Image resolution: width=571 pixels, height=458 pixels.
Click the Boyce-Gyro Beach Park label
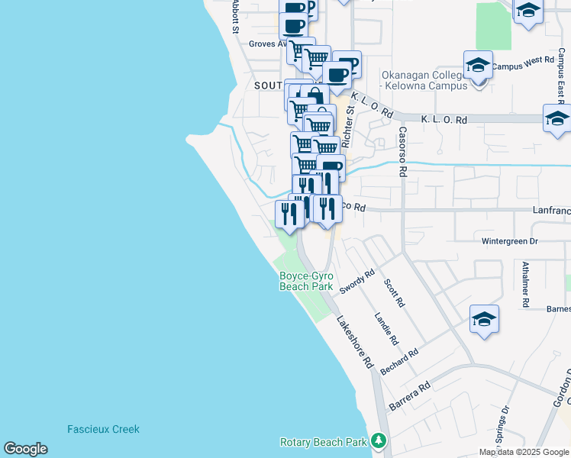[x=305, y=281]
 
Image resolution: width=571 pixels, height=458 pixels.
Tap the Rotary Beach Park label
[x=324, y=442]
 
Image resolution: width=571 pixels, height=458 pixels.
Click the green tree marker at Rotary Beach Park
[x=378, y=441]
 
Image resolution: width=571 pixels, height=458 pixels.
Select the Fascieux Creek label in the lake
[x=103, y=429]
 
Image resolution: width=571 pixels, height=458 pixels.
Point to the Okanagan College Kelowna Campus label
[x=424, y=81]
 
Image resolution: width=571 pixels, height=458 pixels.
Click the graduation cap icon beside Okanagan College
[x=478, y=66]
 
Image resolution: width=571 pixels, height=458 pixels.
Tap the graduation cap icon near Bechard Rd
[x=484, y=320]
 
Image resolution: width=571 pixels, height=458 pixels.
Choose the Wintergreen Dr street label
[x=510, y=241]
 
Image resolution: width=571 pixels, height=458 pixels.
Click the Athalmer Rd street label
[x=526, y=282]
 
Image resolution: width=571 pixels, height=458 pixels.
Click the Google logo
[x=25, y=449]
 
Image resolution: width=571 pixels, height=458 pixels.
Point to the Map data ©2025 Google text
[x=524, y=452]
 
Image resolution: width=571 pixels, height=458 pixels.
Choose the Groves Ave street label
[x=266, y=44]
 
